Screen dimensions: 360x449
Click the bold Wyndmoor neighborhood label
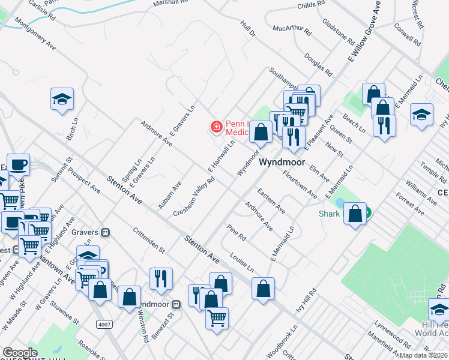(282, 163)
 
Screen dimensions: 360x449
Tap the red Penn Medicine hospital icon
(215, 127)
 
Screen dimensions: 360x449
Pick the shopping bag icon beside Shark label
(355, 214)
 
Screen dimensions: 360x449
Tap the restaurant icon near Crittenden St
(161, 278)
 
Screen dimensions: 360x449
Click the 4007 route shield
(103, 323)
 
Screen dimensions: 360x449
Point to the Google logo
(20, 353)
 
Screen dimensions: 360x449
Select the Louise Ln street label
(242, 261)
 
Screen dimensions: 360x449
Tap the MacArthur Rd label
(292, 29)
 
